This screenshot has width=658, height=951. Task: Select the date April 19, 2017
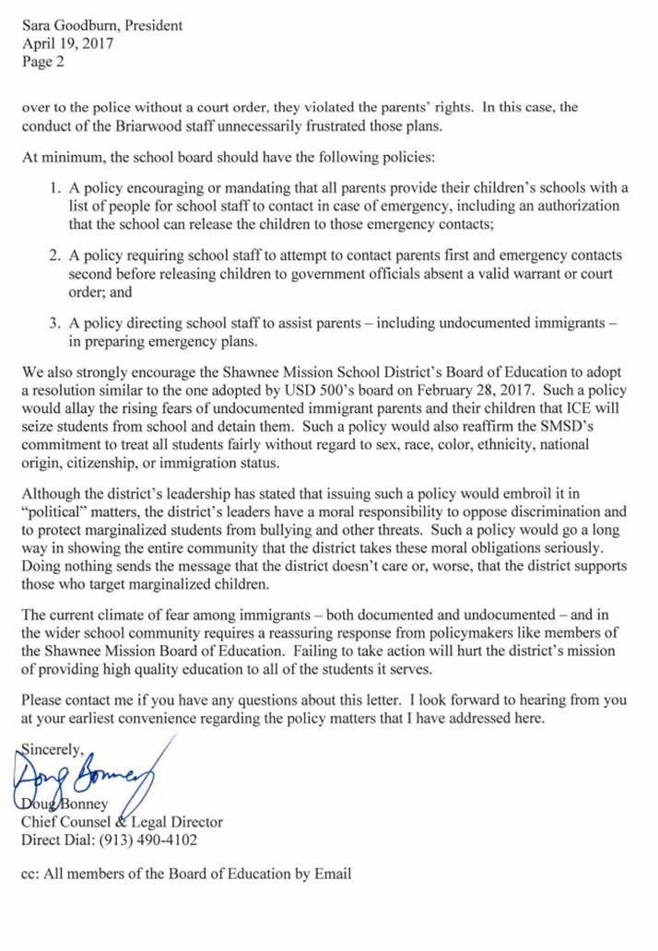click(65, 45)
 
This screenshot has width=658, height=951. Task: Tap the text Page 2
click(43, 64)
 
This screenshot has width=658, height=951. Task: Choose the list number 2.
click(54, 254)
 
